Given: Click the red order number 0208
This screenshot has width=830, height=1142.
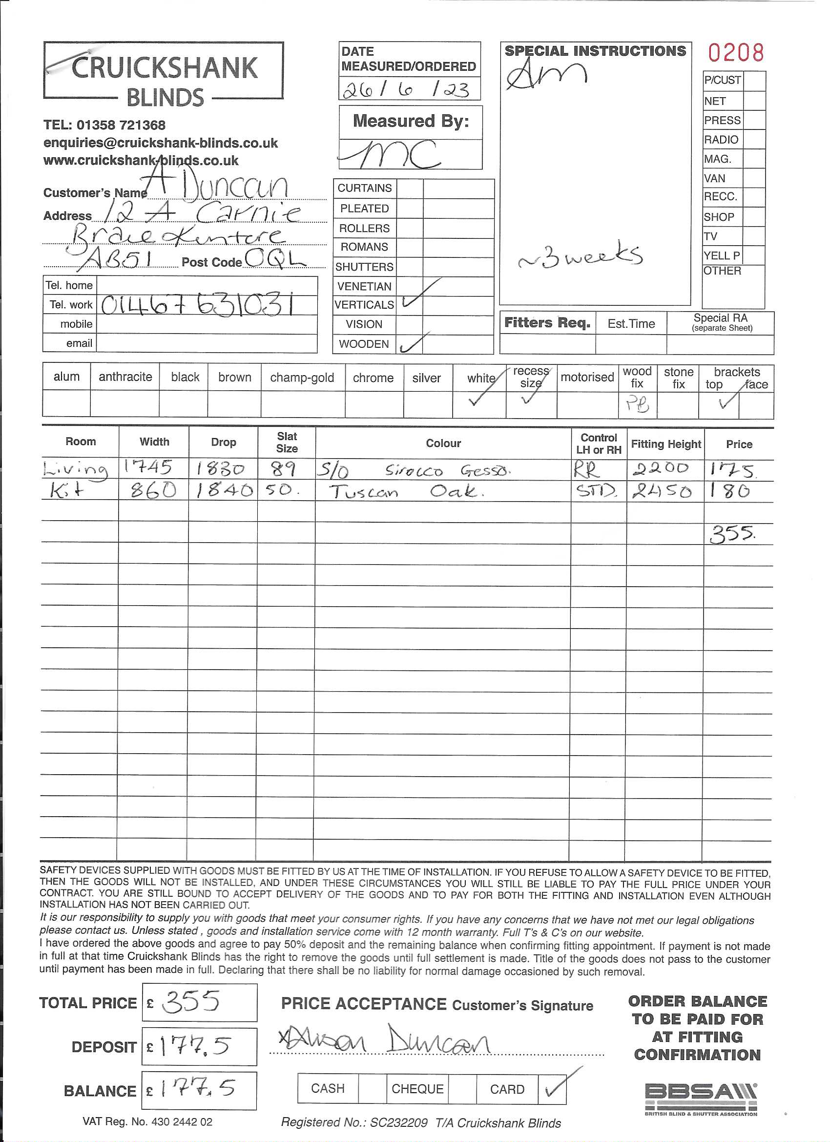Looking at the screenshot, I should (x=735, y=52).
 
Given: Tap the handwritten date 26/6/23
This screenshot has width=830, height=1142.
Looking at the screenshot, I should (x=406, y=89).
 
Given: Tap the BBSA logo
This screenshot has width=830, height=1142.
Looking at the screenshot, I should (x=701, y=1098).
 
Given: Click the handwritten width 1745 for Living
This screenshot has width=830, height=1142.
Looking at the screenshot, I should (x=148, y=468).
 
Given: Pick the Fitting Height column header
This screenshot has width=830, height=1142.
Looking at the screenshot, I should (x=665, y=444).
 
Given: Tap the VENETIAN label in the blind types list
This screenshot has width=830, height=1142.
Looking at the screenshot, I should (x=364, y=287).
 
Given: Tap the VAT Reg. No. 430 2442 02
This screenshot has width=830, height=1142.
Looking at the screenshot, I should (x=147, y=1122).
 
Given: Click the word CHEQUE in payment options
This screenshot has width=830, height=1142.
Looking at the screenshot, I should (x=417, y=1089).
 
